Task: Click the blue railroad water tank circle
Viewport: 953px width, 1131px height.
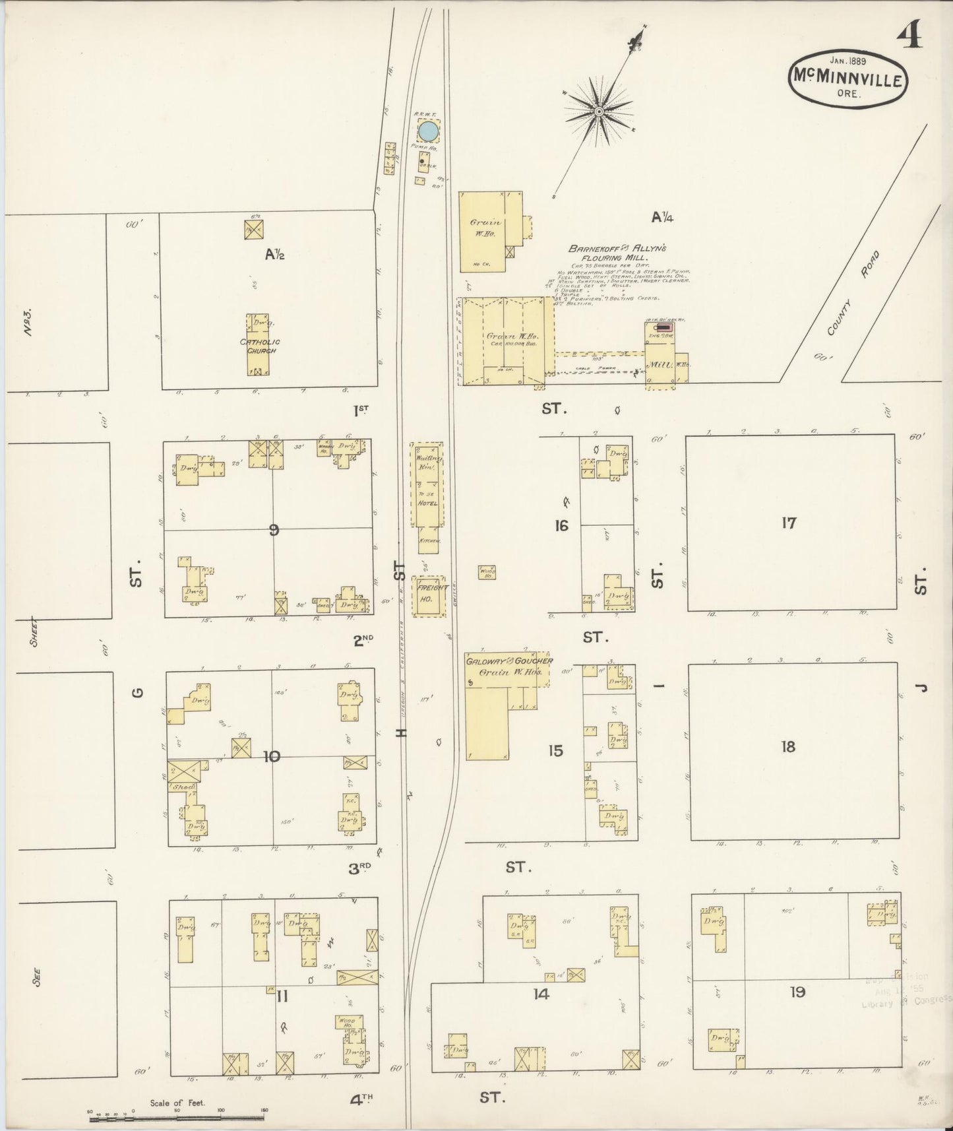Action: [428, 131]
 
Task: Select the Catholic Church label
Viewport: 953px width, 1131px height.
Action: [260, 346]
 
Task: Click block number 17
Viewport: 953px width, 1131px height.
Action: [789, 523]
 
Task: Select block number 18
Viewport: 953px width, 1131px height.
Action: [788, 747]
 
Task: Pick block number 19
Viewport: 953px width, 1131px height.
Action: [797, 992]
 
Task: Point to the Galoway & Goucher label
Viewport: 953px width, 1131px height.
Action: [509, 661]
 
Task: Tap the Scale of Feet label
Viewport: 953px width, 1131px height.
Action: [177, 1103]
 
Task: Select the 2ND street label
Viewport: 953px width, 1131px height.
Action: [363, 638]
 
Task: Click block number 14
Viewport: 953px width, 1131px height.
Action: [541, 994]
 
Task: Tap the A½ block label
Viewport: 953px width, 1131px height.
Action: [274, 253]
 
